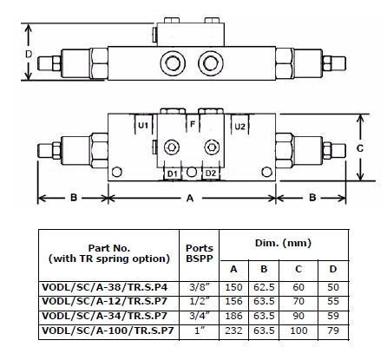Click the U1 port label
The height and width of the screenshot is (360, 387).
click(x=143, y=126)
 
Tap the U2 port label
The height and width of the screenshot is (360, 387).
click(x=239, y=127)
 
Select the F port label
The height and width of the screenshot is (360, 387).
click(x=193, y=124)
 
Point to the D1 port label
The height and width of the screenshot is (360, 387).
click(x=172, y=173)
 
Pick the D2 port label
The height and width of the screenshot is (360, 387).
click(x=211, y=173)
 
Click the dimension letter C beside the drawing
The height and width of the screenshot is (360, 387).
click(x=360, y=148)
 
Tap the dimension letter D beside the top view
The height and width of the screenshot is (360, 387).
click(x=29, y=54)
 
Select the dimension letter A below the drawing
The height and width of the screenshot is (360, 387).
click(x=190, y=198)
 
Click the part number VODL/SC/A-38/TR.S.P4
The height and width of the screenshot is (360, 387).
click(x=105, y=287)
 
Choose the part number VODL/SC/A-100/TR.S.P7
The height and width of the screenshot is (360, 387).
click(x=108, y=331)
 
